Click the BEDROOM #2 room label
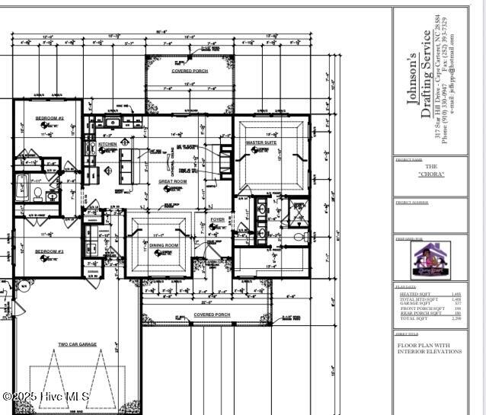coord(50,119)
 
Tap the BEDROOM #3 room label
coord(50,251)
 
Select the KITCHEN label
coord(107,144)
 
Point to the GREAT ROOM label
coord(172,182)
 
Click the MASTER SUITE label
coord(261,142)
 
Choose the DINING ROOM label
coord(163,245)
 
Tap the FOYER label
coord(218,220)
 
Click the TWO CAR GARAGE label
coord(77,344)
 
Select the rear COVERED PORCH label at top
coord(190,71)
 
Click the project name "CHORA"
coord(431,174)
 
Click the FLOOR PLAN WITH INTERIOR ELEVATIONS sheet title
coord(430,348)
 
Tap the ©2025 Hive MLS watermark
coord(46,397)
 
